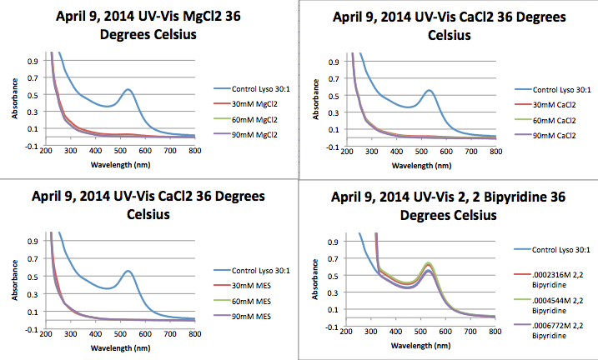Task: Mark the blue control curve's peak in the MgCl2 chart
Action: click(128, 89)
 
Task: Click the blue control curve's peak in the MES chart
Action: click(128, 271)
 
